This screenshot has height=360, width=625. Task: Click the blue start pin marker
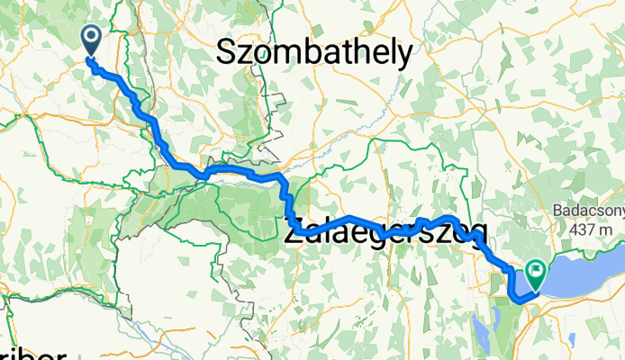[92, 37]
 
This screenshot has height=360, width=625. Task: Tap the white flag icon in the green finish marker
[538, 268]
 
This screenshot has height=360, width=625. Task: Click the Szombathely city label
[315, 53]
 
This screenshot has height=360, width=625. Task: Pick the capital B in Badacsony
[557, 214]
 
